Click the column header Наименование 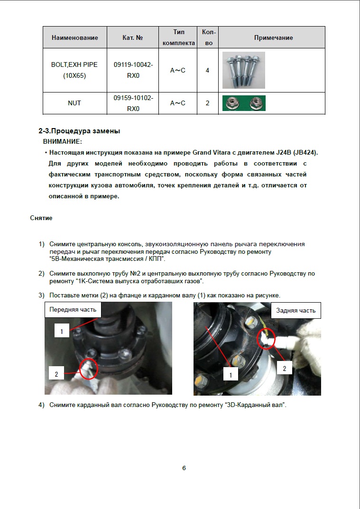click(74, 37)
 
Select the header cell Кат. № click(133, 37)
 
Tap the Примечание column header click(273, 37)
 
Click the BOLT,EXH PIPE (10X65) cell click(74, 70)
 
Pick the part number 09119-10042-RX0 click(133, 70)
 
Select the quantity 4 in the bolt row click(207, 70)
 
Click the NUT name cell click(74, 103)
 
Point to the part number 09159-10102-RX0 click(133, 103)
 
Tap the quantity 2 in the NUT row click(207, 103)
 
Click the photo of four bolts click(243, 70)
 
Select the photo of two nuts click(244, 103)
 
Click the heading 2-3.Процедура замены click(79, 131)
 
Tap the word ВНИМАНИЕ click(62, 141)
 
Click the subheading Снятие click(41, 218)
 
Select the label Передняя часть click(73, 310)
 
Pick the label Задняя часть click(296, 311)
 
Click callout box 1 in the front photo click(62, 332)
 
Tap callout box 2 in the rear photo click(284, 368)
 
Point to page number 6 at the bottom click(184, 468)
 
